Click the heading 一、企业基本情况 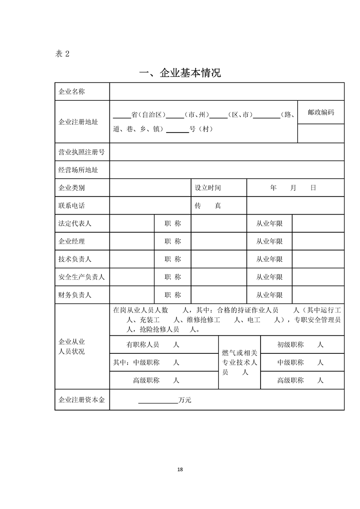180,73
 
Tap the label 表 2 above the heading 62,54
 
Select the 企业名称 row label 72,92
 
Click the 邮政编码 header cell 321,112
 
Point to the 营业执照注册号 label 81,152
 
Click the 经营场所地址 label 78,170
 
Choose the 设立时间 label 207,188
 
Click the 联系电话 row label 72,206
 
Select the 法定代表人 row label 75,224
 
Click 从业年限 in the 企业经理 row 269,241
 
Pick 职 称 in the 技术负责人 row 173,259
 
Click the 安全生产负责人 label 82,277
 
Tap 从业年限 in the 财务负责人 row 269,295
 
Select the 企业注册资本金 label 82,400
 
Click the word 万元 185,400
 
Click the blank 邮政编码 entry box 321,133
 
